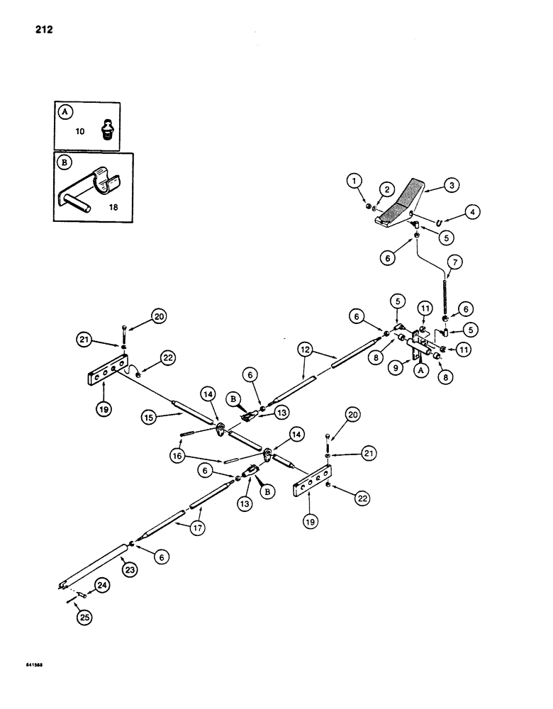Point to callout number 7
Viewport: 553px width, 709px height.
click(x=453, y=263)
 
